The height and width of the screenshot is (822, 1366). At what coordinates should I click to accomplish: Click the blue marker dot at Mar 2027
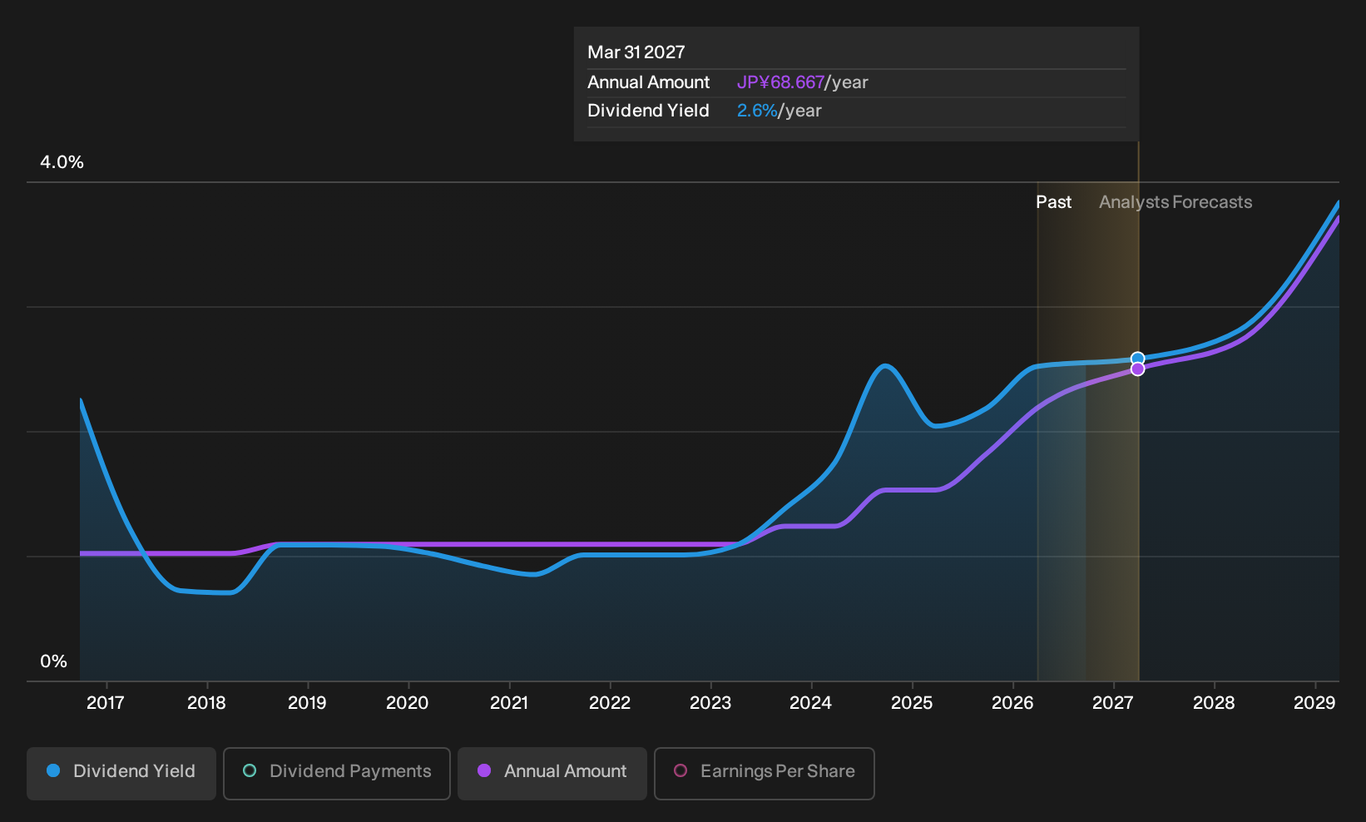1137,359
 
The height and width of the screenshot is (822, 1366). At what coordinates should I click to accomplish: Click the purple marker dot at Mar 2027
1137,369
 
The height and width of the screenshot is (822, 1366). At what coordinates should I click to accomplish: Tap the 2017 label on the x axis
106,703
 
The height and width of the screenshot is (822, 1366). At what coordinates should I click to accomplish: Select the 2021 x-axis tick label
509,703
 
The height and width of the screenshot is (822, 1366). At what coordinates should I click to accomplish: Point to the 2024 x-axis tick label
811,703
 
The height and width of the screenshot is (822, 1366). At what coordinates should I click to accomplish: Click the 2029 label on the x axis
1314,703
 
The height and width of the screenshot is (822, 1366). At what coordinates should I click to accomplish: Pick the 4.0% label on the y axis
62,162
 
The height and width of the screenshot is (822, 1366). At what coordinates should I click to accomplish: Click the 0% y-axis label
54,661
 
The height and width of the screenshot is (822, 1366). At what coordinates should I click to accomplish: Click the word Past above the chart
1054,202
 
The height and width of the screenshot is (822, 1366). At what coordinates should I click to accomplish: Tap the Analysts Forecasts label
1175,202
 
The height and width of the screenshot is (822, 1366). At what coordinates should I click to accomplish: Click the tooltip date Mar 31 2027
636,52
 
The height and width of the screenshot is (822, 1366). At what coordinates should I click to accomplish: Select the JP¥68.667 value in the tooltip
780,82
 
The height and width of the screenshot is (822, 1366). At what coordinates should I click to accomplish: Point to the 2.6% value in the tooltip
757,111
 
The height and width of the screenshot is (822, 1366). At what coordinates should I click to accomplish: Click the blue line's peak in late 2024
885,366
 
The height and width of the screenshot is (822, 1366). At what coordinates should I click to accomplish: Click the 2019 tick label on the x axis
307,703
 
